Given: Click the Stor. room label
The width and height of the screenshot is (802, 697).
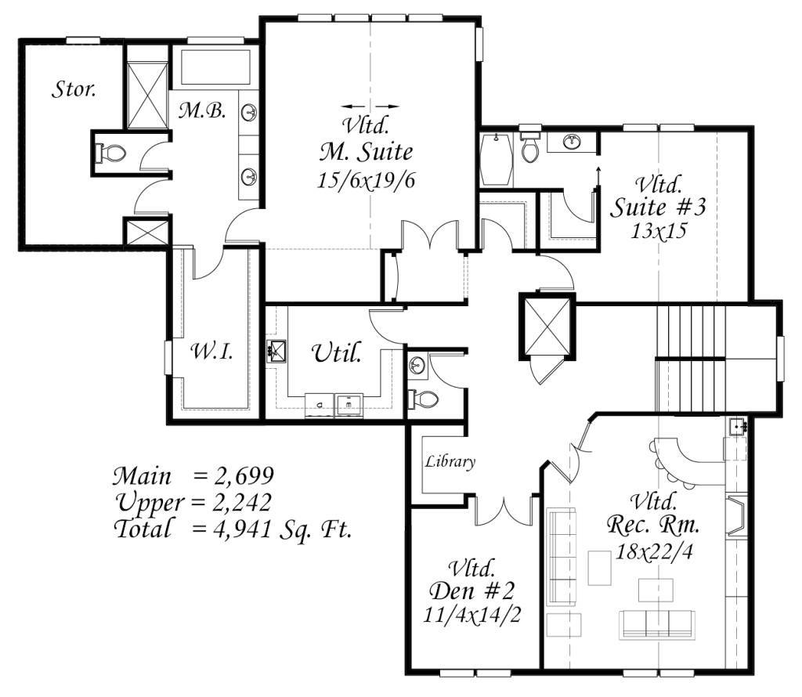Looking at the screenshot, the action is [x=74, y=89].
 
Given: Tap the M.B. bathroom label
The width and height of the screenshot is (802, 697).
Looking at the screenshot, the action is [x=202, y=110].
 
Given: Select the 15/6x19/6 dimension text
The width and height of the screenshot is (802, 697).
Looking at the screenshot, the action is [x=367, y=180].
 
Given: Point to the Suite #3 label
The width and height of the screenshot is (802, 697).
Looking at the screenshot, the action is [x=658, y=207].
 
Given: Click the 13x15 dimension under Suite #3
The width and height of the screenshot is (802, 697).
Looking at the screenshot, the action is [x=658, y=231].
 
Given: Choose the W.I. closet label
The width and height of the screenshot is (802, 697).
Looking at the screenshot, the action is [x=211, y=352].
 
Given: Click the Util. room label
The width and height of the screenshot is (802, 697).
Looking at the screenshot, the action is [x=337, y=352].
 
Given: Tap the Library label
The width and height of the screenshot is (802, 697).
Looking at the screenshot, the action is [x=450, y=462].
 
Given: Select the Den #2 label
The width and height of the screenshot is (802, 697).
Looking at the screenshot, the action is [x=471, y=591].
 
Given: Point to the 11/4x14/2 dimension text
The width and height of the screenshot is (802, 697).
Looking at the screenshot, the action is [x=471, y=615].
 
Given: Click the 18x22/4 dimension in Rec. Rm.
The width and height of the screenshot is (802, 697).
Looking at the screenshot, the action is [x=654, y=551].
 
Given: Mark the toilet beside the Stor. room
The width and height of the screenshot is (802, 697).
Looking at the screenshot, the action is [x=110, y=153].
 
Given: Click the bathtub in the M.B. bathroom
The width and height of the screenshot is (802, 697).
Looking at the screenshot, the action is [x=215, y=67].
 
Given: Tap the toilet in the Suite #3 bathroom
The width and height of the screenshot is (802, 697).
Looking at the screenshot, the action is [x=529, y=146].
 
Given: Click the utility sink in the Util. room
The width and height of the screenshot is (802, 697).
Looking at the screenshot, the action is [x=276, y=352].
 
